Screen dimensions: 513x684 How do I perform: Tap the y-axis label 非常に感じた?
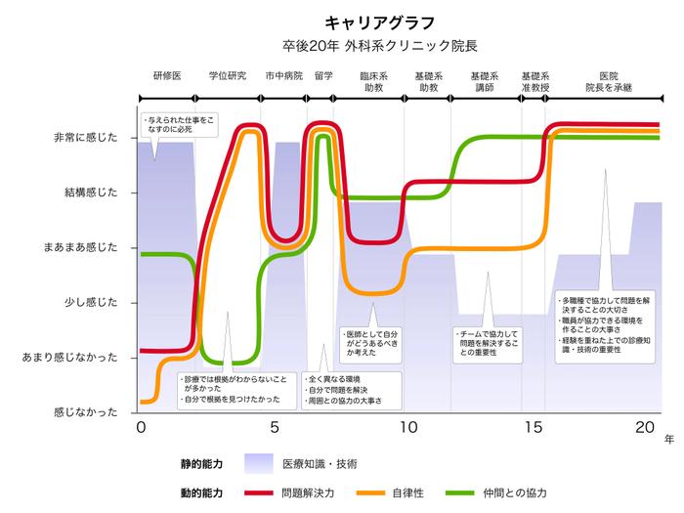tap(85, 138)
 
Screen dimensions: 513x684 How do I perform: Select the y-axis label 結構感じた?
tap(91, 192)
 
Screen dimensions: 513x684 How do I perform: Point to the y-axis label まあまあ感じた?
tap(79, 247)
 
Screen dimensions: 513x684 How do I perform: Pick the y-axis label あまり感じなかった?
tap(72, 358)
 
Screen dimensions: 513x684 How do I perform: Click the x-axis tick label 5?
tap(275, 428)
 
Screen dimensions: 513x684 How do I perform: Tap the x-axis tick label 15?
tap(534, 428)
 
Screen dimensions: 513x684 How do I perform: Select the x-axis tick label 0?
tap(141, 428)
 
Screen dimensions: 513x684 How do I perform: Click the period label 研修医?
tap(167, 75)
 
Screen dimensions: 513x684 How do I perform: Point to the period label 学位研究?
tap(228, 75)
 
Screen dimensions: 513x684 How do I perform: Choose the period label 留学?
tap(324, 75)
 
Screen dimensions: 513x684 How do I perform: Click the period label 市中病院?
tap(283, 75)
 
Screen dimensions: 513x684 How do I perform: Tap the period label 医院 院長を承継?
tap(608, 81)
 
